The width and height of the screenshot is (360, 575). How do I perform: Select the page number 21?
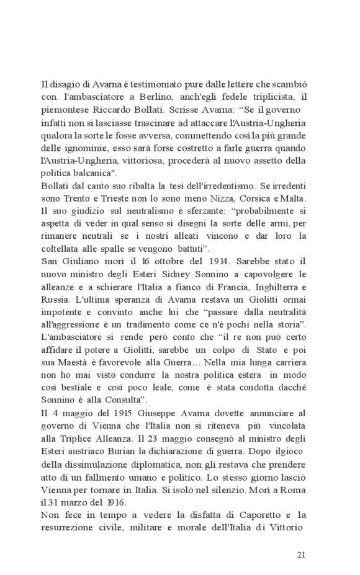pos(301,554)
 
